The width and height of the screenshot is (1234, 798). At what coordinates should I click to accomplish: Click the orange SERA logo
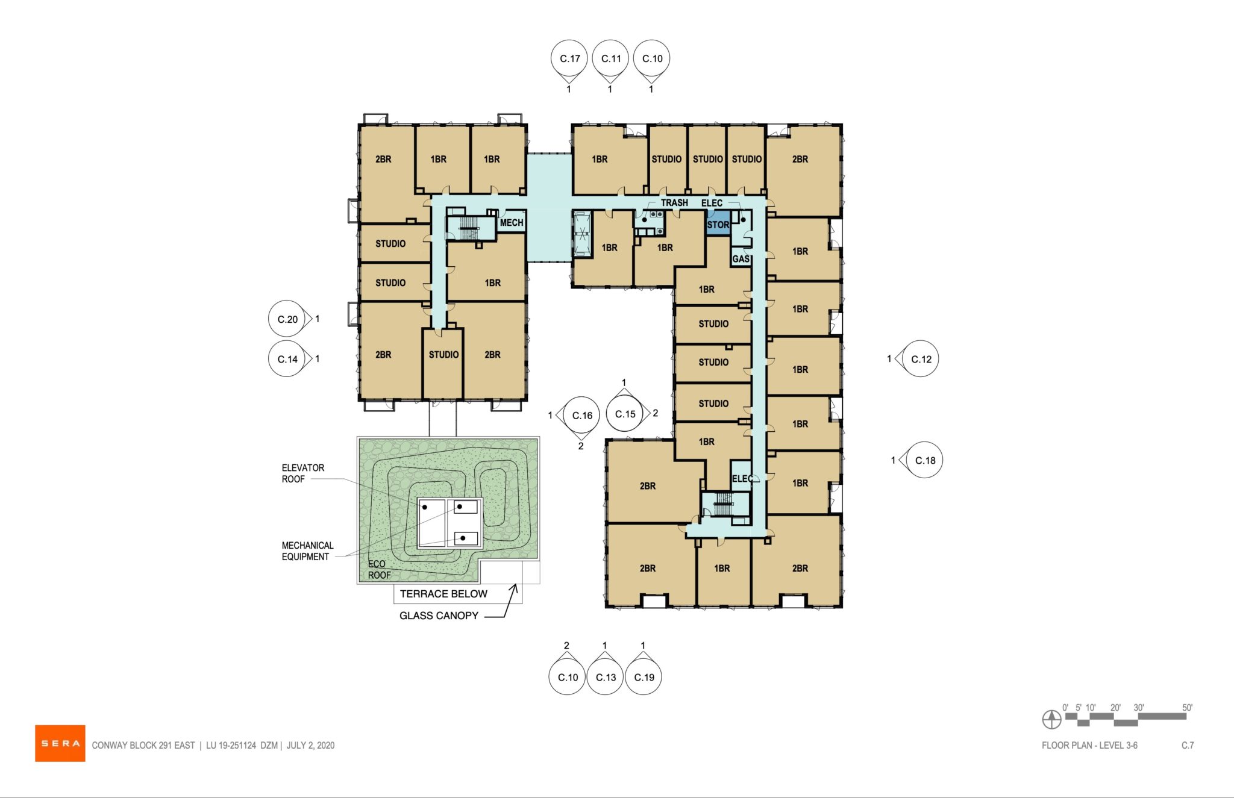point(60,743)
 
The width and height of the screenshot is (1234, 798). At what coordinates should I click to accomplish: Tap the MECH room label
point(511,223)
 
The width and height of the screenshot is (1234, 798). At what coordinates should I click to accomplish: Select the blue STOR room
point(718,225)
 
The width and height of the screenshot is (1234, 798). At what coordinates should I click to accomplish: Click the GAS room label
point(741,259)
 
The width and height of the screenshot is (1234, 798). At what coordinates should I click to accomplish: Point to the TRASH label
point(674,203)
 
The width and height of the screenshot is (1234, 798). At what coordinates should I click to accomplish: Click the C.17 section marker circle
point(569,58)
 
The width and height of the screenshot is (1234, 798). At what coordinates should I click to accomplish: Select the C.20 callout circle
point(287,319)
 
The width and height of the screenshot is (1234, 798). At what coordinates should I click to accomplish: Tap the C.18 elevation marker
point(924,460)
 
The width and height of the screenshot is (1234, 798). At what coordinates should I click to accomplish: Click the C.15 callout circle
point(625,414)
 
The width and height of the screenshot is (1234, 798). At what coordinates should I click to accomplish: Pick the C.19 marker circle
point(644,677)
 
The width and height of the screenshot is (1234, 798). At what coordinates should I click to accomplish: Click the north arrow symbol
point(1051,719)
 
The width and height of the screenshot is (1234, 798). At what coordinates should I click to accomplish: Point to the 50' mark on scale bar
point(1186,708)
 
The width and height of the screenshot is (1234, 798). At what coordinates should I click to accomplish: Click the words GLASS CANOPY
point(439,616)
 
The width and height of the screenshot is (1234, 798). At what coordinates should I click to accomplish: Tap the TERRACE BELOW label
point(443,594)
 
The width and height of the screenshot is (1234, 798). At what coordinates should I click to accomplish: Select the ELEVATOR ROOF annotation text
point(302,473)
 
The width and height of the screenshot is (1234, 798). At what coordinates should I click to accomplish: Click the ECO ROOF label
point(379,570)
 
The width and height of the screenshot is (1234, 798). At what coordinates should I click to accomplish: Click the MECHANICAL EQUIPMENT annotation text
point(307,551)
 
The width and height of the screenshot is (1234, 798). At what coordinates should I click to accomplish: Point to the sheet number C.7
point(1187,746)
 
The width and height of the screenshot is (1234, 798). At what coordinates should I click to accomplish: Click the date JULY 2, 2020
point(310,746)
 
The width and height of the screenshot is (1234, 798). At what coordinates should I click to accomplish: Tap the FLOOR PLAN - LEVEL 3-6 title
point(1089,746)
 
